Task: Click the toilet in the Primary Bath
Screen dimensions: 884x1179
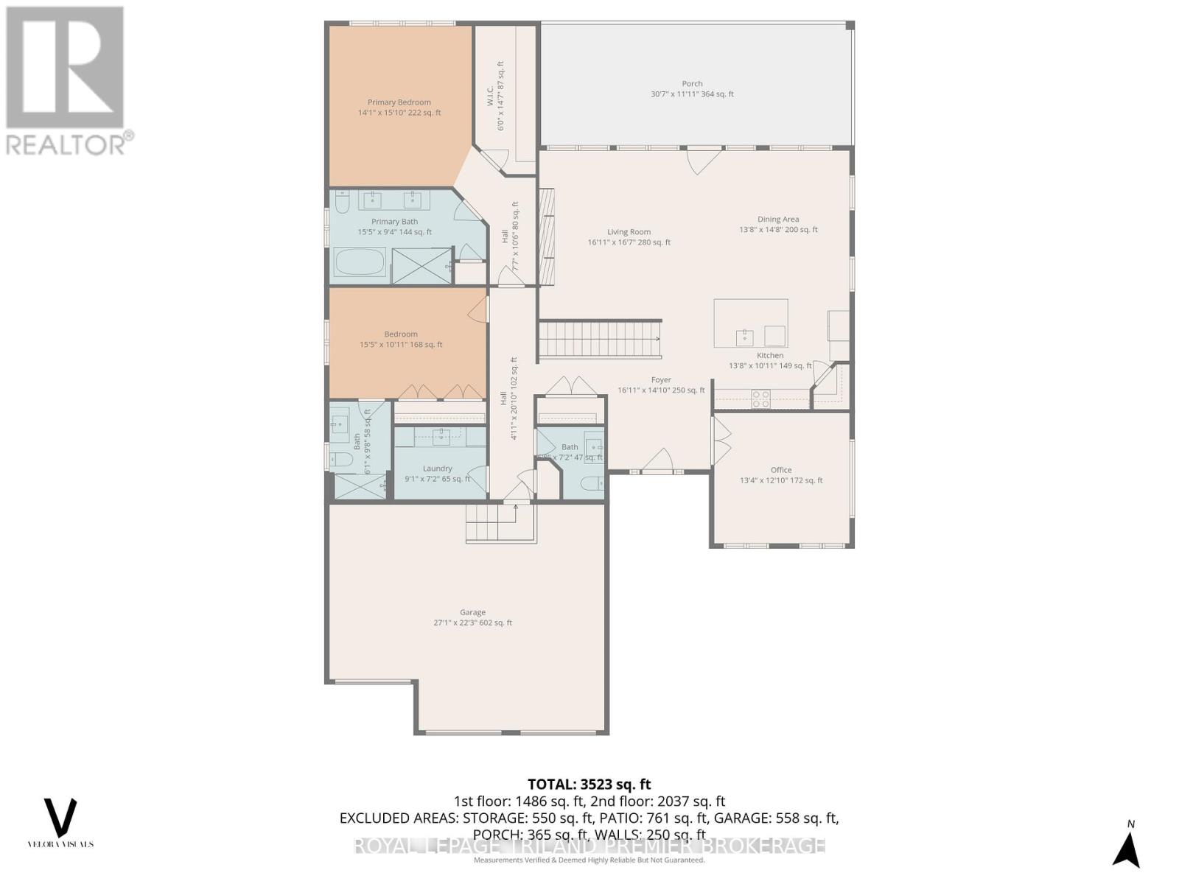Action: (343, 201)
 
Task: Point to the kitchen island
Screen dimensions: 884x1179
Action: (750, 323)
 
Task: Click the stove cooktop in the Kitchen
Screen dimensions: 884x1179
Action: (760, 399)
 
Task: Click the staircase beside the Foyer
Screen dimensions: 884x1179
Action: (599, 340)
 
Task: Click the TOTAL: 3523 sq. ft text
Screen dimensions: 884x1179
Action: (589, 785)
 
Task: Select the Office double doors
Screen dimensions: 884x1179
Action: (721, 441)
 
